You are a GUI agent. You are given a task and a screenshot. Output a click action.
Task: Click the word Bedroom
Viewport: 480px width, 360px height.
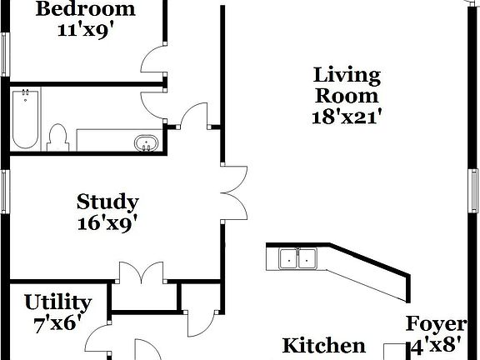pos(86,10)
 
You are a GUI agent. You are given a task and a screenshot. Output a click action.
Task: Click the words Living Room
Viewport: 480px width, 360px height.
pos(347,86)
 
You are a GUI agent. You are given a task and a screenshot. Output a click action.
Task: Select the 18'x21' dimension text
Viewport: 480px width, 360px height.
pos(347,117)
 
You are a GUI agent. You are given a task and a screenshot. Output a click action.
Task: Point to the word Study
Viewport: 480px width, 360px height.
pos(107,202)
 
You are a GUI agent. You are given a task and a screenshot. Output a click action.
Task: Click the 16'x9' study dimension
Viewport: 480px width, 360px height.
pos(107,222)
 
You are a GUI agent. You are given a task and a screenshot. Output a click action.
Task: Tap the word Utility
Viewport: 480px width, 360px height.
pos(57,302)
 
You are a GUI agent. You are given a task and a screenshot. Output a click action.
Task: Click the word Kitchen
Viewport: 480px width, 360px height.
pos(323,346)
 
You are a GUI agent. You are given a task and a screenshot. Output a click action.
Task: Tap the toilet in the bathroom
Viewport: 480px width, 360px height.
pos(58,136)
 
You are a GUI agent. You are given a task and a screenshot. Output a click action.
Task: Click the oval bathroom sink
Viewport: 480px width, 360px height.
pos(147,143)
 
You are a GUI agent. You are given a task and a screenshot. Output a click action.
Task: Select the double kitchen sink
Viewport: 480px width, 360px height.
pos(297,259)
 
